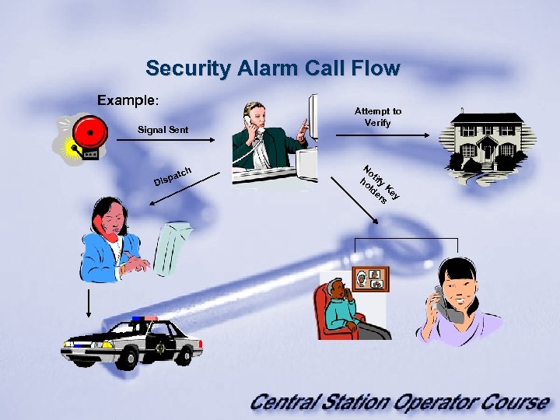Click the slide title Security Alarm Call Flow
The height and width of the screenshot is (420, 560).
[x=272, y=68]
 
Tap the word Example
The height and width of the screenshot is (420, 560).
[x=127, y=101]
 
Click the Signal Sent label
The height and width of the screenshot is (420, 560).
[x=163, y=129]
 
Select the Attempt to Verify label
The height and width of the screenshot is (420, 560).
[x=379, y=117]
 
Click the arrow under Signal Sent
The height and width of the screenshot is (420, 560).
[x=163, y=139]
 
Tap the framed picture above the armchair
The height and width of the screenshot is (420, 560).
[x=370, y=278]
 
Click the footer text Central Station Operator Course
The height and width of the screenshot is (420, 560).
[x=399, y=402]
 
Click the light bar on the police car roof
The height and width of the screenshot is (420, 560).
[x=144, y=318]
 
